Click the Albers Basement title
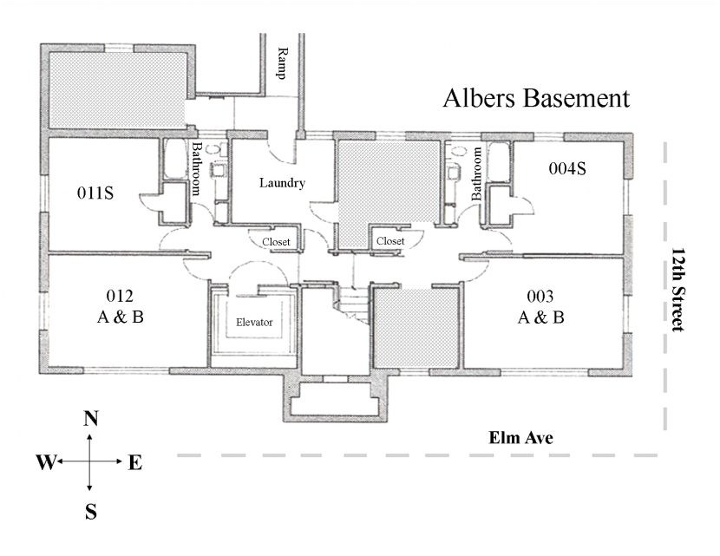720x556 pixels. click(x=536, y=98)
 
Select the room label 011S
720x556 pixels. click(x=95, y=193)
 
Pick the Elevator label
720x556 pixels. click(x=255, y=323)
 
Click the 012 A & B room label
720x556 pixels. click(x=120, y=305)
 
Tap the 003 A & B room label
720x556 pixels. click(x=540, y=305)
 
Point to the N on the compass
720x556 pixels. click(x=90, y=420)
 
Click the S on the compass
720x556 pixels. click(x=90, y=513)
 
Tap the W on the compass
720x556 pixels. click(x=46, y=463)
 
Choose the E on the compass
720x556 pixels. click(x=134, y=463)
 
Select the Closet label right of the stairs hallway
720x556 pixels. click(x=390, y=240)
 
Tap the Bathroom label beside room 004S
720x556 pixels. click(x=476, y=173)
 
